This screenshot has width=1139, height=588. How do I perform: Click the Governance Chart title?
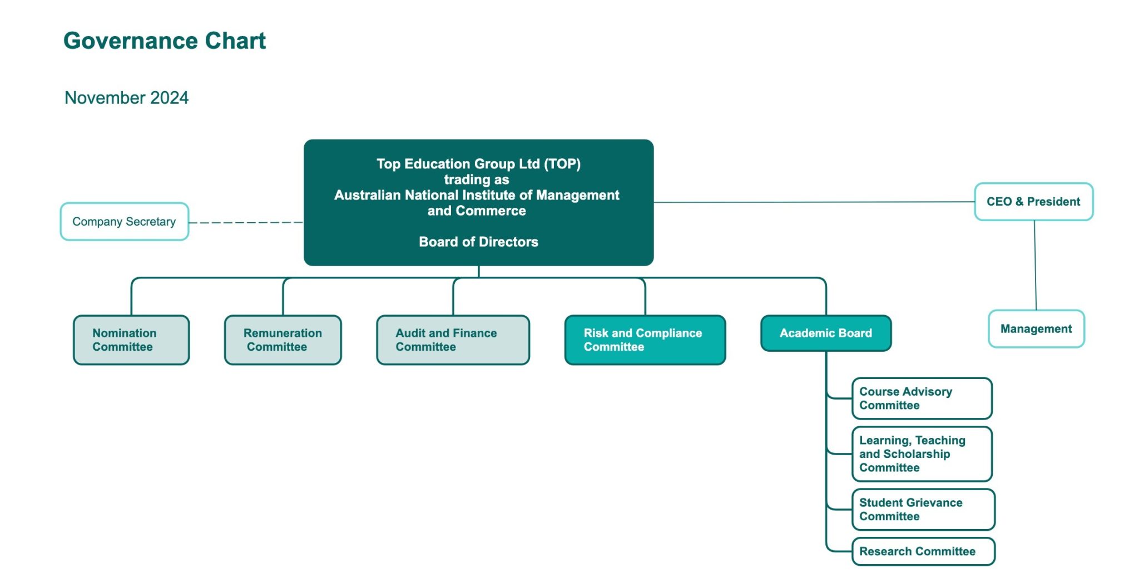click(165, 41)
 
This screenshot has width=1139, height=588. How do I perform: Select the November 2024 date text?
click(127, 98)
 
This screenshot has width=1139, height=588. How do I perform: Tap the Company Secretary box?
click(125, 222)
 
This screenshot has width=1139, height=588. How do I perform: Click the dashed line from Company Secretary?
click(246, 222)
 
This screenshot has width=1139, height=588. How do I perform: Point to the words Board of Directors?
click(478, 242)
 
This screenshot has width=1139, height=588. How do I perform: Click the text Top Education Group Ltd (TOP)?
click(478, 164)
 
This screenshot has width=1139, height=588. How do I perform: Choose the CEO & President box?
click(1033, 202)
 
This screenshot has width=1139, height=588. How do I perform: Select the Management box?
click(1036, 329)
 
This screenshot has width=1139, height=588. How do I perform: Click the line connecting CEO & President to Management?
click(1035, 266)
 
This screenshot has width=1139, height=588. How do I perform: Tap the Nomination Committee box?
click(131, 340)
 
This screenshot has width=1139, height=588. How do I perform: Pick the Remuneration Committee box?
click(283, 340)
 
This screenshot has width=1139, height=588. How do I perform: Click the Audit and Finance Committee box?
click(453, 340)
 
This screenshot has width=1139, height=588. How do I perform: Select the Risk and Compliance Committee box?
click(645, 340)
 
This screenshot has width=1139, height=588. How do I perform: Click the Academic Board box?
click(826, 333)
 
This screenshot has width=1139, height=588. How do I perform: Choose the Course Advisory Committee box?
click(922, 398)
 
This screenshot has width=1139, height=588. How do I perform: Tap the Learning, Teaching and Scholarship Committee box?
click(922, 454)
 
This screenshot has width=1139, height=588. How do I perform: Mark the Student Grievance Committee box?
click(923, 510)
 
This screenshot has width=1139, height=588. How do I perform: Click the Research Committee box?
click(923, 551)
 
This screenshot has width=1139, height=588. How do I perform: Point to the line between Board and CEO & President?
click(812, 202)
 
